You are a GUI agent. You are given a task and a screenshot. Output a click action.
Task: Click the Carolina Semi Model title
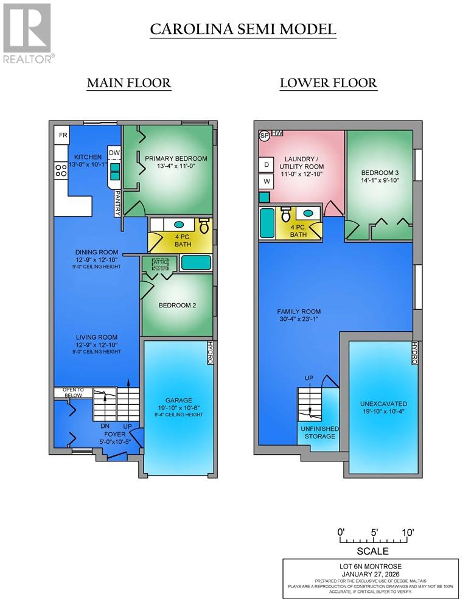coord(243,29)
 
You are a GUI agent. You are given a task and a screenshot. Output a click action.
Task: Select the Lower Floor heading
coord(328,83)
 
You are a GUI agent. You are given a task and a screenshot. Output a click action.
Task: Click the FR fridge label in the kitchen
coord(62,135)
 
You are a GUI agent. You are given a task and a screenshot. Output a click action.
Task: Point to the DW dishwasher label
coord(114,152)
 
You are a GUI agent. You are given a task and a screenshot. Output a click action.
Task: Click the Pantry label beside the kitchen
coord(118,201)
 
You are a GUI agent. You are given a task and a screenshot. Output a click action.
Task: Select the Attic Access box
coord(160,263)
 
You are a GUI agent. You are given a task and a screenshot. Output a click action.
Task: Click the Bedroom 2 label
coord(177,306)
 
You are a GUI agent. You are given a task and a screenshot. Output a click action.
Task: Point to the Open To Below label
coord(72,393)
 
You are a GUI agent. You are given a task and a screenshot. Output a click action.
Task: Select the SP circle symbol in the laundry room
coord(265,136)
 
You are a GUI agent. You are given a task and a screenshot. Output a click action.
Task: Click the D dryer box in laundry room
coord(266,164)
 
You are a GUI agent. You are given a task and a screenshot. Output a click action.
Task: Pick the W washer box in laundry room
coord(266,181)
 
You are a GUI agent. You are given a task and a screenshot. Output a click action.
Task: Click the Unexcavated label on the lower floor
coord(383,404)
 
